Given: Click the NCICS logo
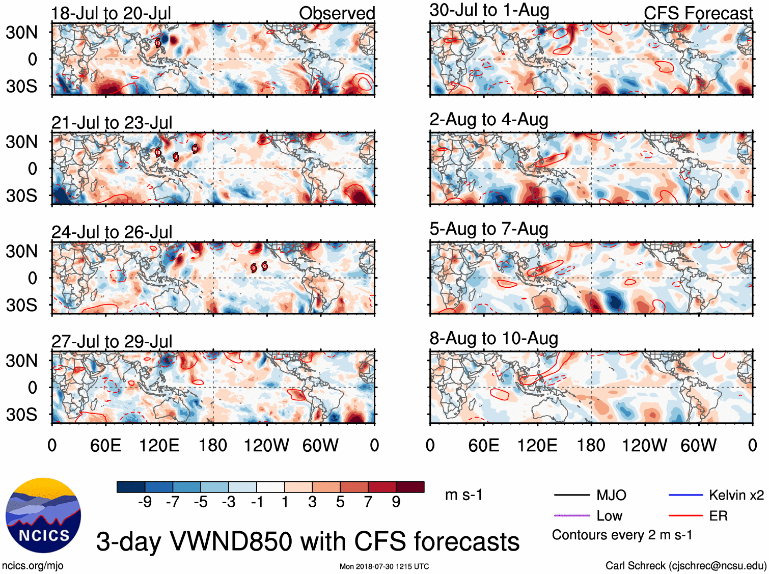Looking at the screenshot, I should point(43,515).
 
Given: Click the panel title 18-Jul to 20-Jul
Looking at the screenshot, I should point(111,13).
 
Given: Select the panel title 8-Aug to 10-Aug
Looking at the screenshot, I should point(493,339).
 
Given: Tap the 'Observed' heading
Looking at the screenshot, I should point(337,13).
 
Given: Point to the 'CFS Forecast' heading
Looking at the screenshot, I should point(698,13).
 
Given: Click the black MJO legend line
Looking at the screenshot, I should point(572,495).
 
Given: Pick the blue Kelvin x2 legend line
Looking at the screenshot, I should point(685,495).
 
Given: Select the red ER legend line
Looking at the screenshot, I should point(685,516).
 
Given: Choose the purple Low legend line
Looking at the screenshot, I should point(572,516).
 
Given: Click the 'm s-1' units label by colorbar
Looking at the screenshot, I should point(463,495).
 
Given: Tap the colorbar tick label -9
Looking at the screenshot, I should point(145,502).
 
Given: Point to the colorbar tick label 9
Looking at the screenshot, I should point(396,502).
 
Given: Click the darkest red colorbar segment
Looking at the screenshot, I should point(410,487).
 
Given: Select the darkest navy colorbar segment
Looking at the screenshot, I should point(131,487).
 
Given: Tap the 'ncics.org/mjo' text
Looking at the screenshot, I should point(33,565).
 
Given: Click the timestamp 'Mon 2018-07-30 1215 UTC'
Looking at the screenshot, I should point(384,566).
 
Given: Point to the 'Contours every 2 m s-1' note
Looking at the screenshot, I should point(622,535).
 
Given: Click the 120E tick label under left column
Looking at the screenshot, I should point(159,446).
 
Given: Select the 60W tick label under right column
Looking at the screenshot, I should point(698,446).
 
